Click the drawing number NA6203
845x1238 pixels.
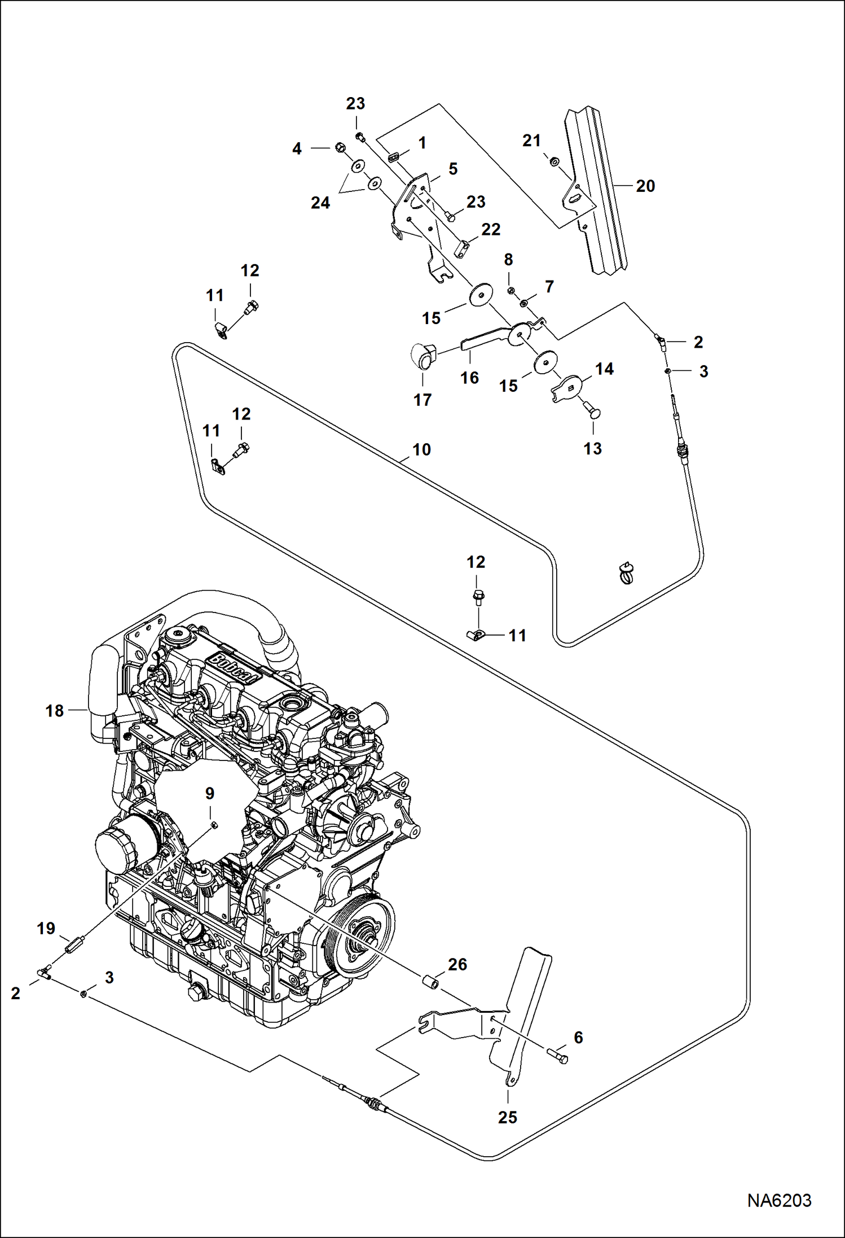pyautogui.click(x=779, y=1200)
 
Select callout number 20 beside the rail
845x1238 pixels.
pyautogui.click(x=645, y=186)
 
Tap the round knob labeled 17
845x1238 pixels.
pyautogui.click(x=422, y=355)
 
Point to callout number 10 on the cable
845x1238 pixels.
pyautogui.click(x=421, y=449)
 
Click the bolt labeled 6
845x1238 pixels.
pyautogui.click(x=558, y=1055)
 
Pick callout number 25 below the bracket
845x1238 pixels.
pyautogui.click(x=507, y=1117)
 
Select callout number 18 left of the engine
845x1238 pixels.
pyautogui.click(x=55, y=710)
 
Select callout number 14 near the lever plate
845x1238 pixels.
pyautogui.click(x=604, y=369)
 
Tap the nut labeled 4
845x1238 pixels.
pyautogui.click(x=340, y=148)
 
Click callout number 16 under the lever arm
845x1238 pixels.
pyautogui.click(x=469, y=377)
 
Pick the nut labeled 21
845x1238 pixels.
pyautogui.click(x=554, y=162)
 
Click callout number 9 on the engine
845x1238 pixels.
pyautogui.click(x=209, y=793)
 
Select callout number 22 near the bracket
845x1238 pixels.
pyautogui.click(x=490, y=229)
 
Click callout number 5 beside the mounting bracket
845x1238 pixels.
pyautogui.click(x=453, y=169)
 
